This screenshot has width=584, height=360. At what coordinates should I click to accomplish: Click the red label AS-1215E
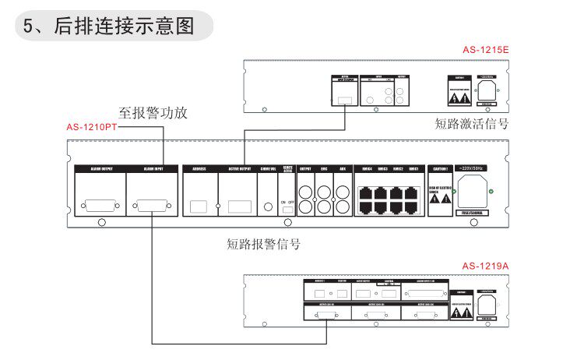[484, 51]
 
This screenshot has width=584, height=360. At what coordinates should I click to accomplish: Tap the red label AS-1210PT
[91, 127]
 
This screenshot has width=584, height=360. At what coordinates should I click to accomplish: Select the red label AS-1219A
[484, 266]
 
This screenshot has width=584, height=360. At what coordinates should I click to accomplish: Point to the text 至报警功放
[153, 113]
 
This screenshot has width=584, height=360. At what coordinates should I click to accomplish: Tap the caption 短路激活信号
[472, 123]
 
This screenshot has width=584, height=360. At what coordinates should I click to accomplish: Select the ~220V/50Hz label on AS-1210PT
[472, 168]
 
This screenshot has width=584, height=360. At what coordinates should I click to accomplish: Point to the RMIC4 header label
[364, 168]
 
